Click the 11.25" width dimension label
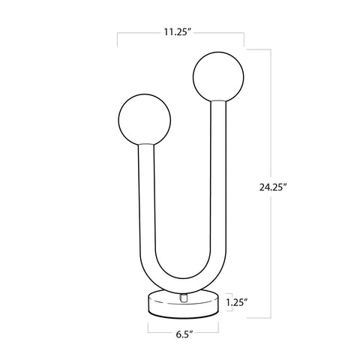(179, 33)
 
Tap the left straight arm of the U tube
(145, 202)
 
